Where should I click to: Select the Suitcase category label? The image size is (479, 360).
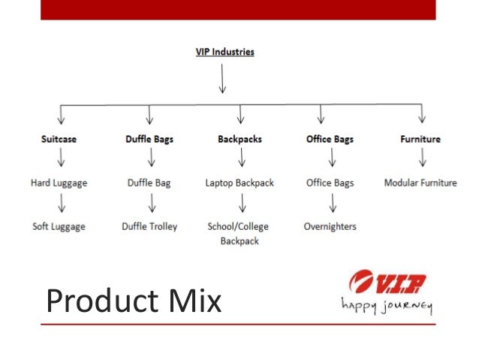[x=59, y=139]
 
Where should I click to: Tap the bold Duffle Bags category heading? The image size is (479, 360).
[x=149, y=139]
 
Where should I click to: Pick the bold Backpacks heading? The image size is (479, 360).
[x=240, y=139]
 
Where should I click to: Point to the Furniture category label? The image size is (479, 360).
[x=420, y=139]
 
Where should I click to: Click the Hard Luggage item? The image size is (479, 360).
[x=59, y=183]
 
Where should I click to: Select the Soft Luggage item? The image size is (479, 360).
[x=59, y=226]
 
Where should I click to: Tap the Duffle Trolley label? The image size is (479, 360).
[x=149, y=226]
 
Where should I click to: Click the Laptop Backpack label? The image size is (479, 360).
[x=240, y=183]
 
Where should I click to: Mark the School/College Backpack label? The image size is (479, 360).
[x=238, y=234]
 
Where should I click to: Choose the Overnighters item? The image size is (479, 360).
[x=330, y=226]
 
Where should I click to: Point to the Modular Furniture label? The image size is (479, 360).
[x=420, y=183]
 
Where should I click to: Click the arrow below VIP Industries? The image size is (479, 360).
[x=222, y=78]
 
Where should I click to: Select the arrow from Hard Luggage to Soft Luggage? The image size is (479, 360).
[x=61, y=204]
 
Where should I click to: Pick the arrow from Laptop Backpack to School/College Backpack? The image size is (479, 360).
[x=242, y=204]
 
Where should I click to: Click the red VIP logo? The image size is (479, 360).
[x=387, y=284]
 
